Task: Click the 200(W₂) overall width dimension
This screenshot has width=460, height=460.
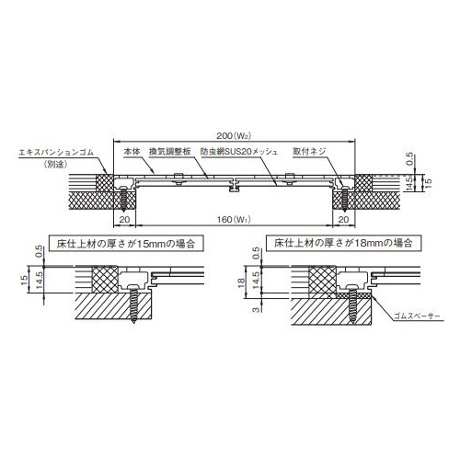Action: [x=234, y=136]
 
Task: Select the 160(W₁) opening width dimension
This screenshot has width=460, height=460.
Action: [x=234, y=220]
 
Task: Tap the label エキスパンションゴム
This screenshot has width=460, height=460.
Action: [x=56, y=153]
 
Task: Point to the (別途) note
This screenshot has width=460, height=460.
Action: [x=56, y=164]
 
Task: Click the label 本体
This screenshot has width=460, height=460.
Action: [x=132, y=152]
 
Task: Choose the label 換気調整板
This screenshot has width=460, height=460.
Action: [x=170, y=152]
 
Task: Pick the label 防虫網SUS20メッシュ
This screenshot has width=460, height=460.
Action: [x=239, y=152]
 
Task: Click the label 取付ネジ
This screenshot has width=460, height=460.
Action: [x=309, y=152]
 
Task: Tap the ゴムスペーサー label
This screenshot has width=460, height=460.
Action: [x=417, y=316]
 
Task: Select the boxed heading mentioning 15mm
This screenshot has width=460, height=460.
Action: [x=126, y=244]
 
